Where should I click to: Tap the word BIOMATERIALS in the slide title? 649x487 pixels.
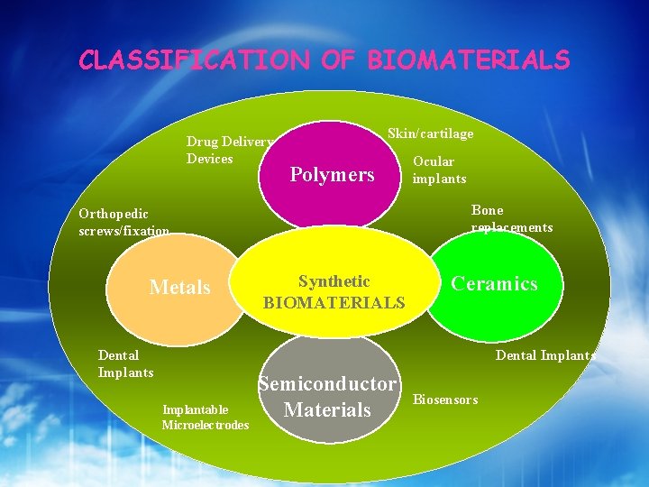468,60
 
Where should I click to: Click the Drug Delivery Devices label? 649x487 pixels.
229,150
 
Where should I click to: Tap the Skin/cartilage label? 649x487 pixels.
430,133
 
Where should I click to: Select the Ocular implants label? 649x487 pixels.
438,170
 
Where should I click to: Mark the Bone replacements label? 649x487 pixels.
511,219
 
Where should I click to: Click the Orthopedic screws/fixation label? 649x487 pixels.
123,223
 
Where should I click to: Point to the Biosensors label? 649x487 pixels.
445,400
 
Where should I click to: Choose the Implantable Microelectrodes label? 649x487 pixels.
205,418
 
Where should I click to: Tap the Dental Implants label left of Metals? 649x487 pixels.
125,363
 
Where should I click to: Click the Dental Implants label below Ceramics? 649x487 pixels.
544,355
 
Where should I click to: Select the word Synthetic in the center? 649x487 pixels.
334,282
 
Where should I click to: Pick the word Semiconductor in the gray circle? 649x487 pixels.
327,384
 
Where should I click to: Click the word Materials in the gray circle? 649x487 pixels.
327,409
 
